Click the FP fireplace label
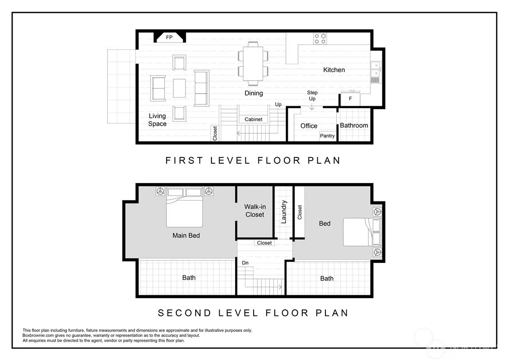pos(169,37)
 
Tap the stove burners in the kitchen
pos(320,39)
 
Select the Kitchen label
pos(334,70)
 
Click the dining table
pos(253,64)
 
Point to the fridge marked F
pos(350,99)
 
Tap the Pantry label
pos(327,136)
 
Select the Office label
pos(309,126)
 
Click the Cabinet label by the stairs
pos(254,119)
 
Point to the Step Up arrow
pos(311,106)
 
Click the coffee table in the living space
pos(179,88)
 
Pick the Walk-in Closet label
pos(255,211)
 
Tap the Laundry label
pos(284,212)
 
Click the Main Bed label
pos(186,235)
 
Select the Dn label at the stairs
pos(245,263)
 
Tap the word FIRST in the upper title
pos(184,160)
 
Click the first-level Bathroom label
pos(354,126)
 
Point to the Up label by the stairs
pos(278,105)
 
